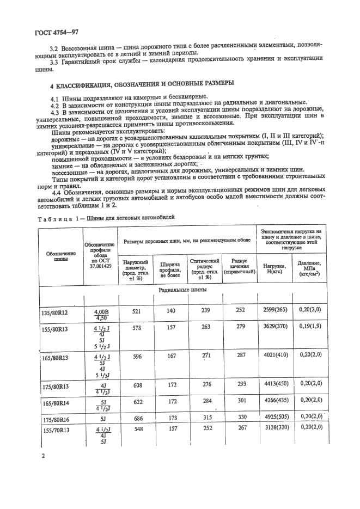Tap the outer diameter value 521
click(x=137, y=310)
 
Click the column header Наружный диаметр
click(x=137, y=269)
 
